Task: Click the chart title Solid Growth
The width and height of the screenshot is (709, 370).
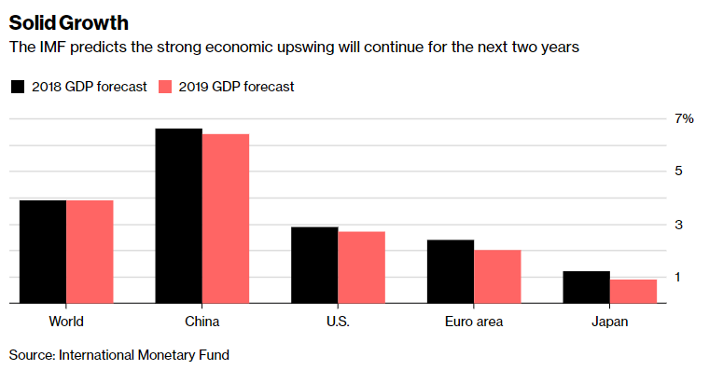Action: [69, 21]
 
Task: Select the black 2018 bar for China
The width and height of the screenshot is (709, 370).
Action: [178, 215]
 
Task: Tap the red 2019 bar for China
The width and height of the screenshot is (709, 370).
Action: [226, 218]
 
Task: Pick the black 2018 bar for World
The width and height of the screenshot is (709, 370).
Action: [43, 252]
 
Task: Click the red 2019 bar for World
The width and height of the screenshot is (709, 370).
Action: [90, 252]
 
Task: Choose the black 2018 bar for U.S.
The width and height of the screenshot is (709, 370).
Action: [314, 265]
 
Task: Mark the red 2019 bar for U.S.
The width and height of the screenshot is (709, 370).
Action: [361, 267]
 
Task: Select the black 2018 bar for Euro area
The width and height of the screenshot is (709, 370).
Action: [451, 271]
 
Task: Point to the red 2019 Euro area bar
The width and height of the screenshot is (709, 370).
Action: [497, 276]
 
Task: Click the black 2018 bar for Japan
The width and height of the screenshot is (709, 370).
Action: [587, 287]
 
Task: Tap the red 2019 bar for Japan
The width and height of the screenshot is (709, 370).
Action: [633, 291]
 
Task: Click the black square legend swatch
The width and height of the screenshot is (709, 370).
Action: [18, 87]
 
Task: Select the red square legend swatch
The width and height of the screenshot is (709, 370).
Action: [166, 87]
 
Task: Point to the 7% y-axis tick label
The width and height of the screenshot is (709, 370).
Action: [685, 118]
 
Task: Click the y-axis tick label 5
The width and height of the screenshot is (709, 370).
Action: [679, 171]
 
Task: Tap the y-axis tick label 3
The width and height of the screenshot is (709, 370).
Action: [679, 225]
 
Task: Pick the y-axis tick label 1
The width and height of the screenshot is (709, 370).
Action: [679, 278]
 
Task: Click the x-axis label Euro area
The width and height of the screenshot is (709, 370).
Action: [473, 322]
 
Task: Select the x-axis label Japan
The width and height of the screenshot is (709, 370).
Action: [609, 322]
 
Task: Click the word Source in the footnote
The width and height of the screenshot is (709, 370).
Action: [31, 355]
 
